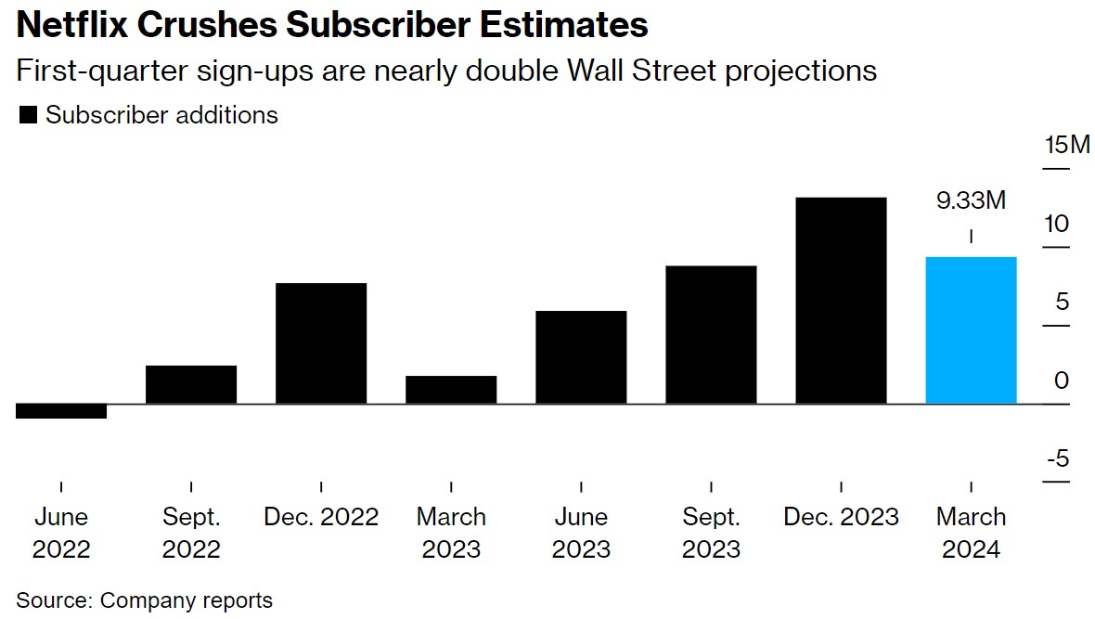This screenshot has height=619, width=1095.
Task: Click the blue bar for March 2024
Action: coord(971,330)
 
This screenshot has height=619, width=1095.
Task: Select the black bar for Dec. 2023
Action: coord(841,301)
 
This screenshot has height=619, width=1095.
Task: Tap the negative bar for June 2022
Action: coord(61,411)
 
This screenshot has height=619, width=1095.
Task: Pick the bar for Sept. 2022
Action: coord(191,385)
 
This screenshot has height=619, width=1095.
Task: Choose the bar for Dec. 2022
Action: coord(321,343)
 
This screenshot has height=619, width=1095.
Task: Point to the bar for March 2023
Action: coord(451,390)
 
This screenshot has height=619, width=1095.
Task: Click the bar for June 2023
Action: coord(581,357)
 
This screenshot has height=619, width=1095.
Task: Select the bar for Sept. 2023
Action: coord(711,335)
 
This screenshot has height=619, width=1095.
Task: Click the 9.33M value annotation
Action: coord(971,200)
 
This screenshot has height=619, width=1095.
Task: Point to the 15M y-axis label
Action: coord(1068,146)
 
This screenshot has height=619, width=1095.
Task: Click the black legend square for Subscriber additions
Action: coord(28,115)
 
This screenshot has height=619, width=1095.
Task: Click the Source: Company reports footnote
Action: coord(144,600)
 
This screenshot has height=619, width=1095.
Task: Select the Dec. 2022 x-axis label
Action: coord(321,516)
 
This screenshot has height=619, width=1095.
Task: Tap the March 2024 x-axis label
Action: coord(971,533)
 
